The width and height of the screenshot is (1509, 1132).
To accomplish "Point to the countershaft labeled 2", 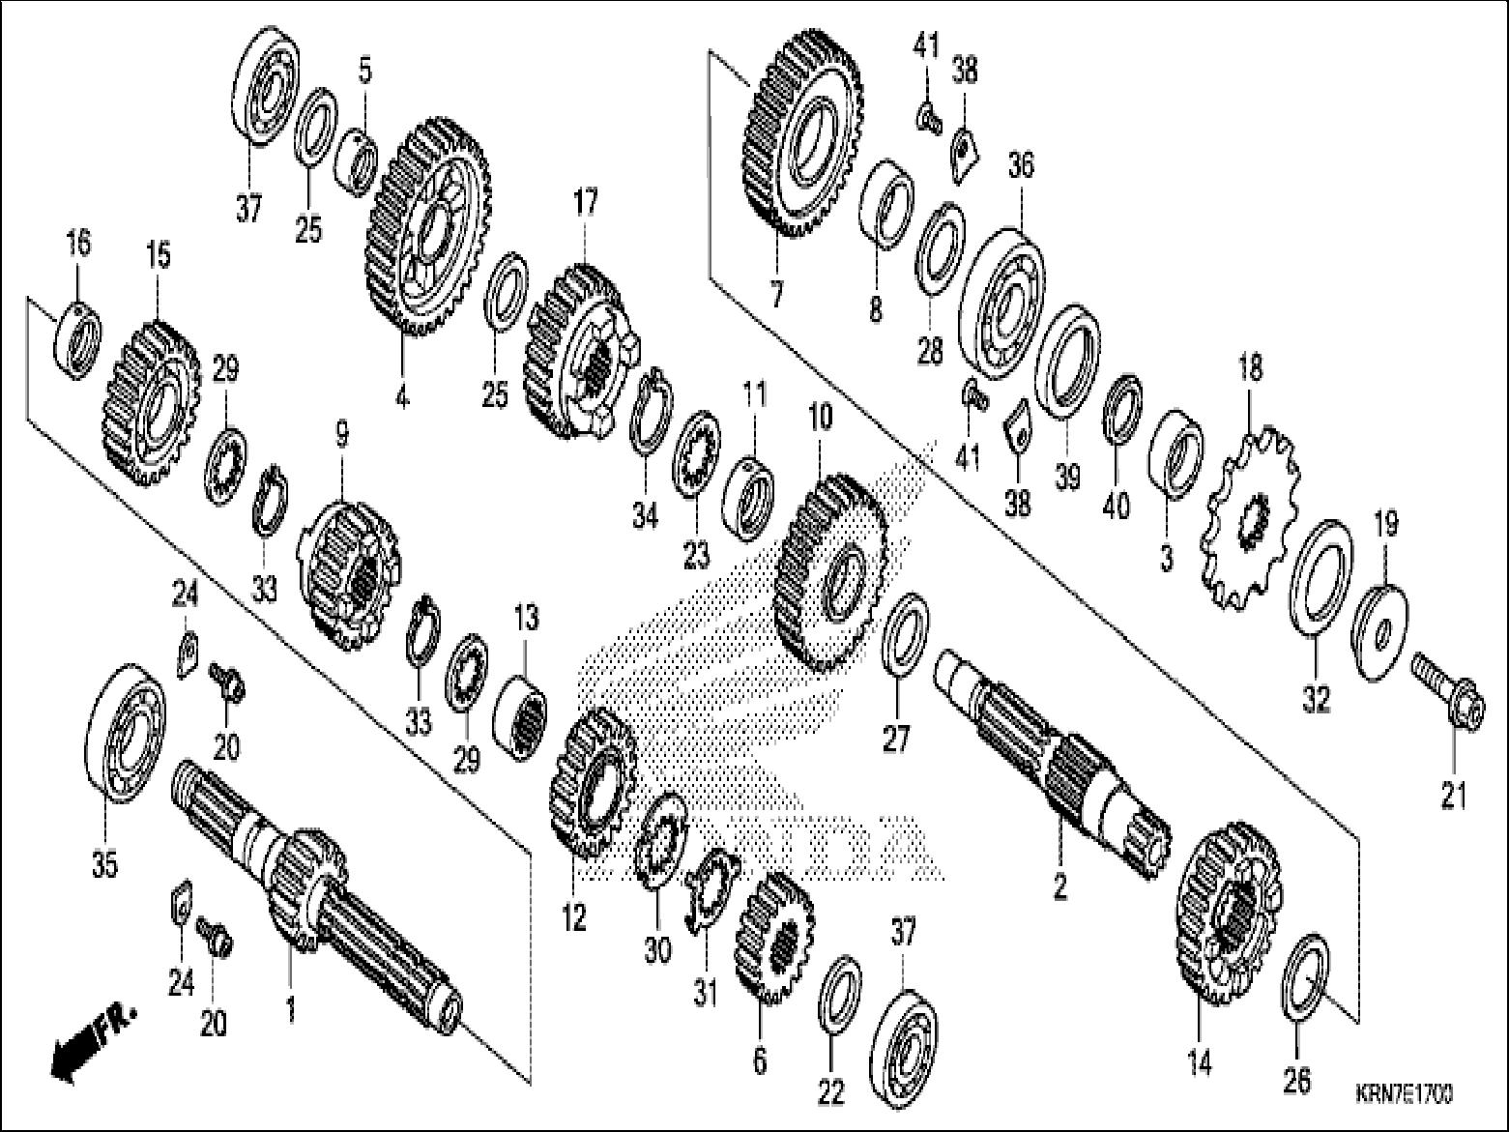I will click(1054, 754).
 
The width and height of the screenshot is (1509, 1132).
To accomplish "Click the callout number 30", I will click(657, 950).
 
